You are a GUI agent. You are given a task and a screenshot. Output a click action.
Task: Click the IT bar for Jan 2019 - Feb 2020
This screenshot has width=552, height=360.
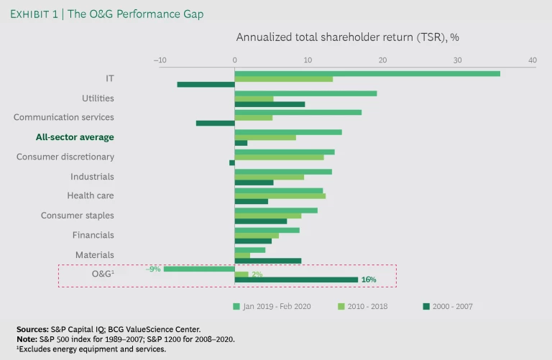(x=367, y=73)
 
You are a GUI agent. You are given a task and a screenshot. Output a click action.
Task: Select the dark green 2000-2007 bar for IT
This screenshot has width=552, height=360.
(x=206, y=84)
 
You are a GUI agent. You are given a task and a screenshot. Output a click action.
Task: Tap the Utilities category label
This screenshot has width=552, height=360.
(x=98, y=98)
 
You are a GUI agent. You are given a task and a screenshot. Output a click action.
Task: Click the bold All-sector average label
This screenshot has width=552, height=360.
(x=75, y=137)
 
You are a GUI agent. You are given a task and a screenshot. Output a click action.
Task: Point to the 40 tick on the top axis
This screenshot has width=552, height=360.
(x=532, y=60)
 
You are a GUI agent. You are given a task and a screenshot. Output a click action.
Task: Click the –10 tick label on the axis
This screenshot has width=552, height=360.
(x=160, y=60)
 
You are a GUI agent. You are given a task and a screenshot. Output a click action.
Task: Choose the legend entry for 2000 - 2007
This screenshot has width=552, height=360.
(x=447, y=306)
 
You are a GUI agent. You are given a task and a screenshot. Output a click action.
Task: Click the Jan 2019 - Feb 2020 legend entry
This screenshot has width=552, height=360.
(x=276, y=306)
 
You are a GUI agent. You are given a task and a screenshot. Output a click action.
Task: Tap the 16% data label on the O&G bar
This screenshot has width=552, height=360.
(x=368, y=280)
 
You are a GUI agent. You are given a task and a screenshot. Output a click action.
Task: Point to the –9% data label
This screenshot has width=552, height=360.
(x=153, y=269)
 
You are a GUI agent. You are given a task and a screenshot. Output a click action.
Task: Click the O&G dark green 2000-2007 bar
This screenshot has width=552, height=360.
(x=296, y=280)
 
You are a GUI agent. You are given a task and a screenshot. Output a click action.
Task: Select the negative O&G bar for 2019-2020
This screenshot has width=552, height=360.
(x=199, y=269)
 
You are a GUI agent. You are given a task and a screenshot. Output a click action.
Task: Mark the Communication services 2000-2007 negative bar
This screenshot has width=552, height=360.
(x=215, y=123)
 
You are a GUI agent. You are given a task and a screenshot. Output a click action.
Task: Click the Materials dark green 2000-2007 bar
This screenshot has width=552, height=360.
(x=267, y=260)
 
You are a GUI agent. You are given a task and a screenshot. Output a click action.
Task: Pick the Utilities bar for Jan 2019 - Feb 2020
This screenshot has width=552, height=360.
(x=305, y=93)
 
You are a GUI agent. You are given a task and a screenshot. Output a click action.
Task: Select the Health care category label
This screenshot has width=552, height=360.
(x=91, y=195)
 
